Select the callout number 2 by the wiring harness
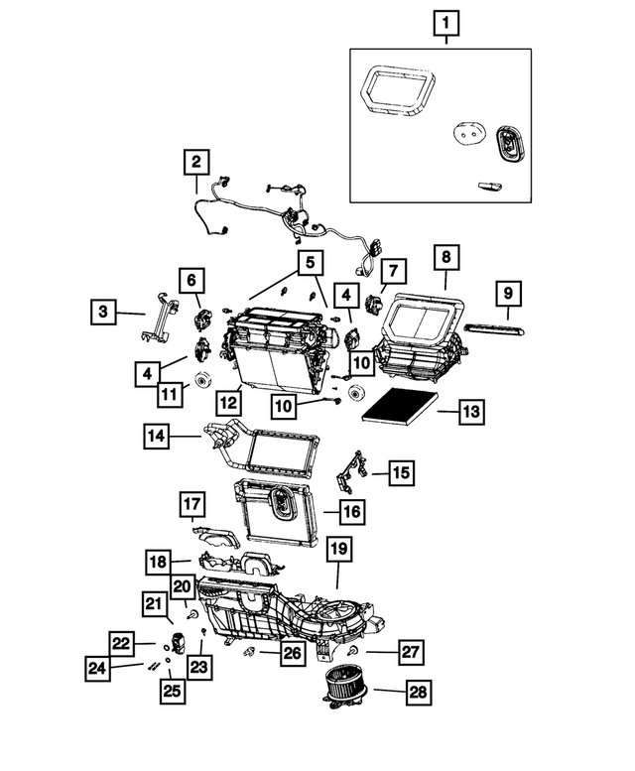tap(196, 161)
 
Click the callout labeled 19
tap(337, 549)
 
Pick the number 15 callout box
tap(401, 473)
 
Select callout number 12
tap(230, 403)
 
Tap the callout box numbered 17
tap(192, 506)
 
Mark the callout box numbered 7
tap(392, 270)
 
